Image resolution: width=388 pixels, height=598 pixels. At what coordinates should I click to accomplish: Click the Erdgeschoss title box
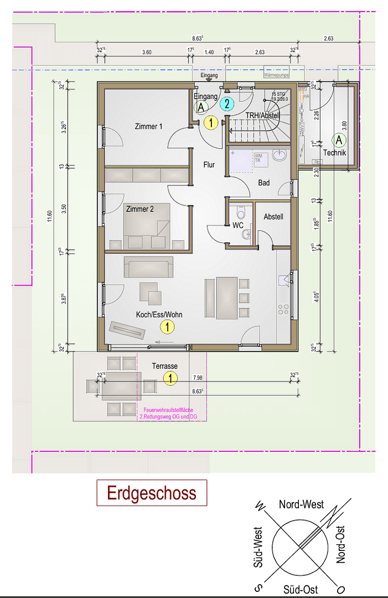point(152,493)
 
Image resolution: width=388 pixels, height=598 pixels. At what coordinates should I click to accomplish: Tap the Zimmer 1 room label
point(148,127)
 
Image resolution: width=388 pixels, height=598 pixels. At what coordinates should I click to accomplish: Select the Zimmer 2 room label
point(139,209)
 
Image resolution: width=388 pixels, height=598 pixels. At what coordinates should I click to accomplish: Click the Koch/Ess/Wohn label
point(159,315)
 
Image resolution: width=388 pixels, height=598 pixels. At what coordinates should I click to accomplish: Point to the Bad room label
point(264,182)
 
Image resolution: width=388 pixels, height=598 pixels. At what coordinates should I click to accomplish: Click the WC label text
point(238,226)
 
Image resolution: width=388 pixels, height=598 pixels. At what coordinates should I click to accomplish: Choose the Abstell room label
point(273,216)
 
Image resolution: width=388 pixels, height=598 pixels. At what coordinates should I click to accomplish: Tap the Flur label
point(209,164)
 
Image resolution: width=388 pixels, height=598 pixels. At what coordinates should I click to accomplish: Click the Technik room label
point(335,153)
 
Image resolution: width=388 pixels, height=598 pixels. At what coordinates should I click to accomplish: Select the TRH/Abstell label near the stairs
point(262,115)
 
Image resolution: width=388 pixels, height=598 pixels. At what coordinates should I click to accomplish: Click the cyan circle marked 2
point(226,104)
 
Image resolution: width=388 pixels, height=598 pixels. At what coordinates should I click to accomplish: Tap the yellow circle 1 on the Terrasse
point(170,379)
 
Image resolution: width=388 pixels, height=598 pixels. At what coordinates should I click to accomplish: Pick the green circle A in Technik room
point(339,140)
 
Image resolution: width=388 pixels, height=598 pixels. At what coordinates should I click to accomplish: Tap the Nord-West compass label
point(301,504)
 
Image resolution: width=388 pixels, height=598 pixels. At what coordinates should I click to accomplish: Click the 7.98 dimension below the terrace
point(197,378)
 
